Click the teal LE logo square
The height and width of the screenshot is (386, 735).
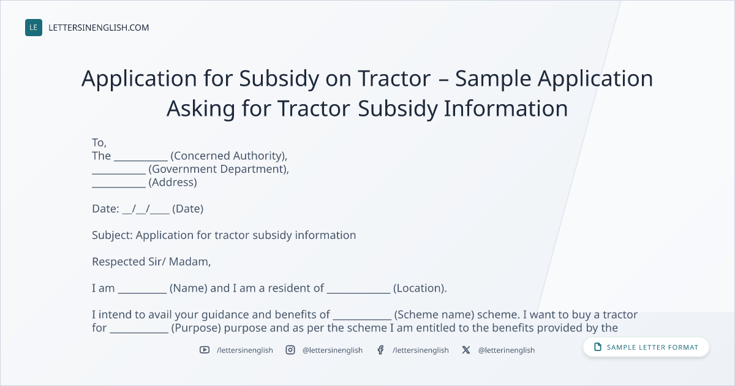tap(34, 28)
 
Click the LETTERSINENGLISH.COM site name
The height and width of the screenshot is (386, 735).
tap(99, 28)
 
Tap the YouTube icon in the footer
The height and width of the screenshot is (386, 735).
tap(205, 350)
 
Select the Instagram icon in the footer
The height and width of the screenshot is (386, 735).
tap(290, 350)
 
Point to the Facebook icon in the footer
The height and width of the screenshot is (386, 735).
tap(380, 350)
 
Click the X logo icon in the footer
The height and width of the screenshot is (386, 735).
tap(466, 350)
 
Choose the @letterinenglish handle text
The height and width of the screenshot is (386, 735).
tap(507, 350)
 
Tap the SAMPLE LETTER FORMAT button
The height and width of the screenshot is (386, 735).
tap(646, 347)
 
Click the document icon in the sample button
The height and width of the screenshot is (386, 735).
tap(598, 347)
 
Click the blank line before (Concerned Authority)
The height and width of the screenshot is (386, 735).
tap(141, 160)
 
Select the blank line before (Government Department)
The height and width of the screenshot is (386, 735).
tap(119, 173)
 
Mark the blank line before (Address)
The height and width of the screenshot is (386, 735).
tap(119, 187)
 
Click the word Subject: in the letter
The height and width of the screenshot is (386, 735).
tap(112, 235)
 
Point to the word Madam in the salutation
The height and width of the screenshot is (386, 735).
tap(190, 262)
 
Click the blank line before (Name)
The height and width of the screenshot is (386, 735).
tap(142, 292)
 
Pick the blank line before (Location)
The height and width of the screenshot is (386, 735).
tap(359, 292)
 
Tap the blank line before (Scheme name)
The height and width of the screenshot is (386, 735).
tap(362, 319)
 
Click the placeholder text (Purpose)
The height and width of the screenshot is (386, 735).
tap(196, 328)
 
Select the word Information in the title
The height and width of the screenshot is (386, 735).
tap(506, 108)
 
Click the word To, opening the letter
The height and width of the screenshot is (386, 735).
tap(99, 143)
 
